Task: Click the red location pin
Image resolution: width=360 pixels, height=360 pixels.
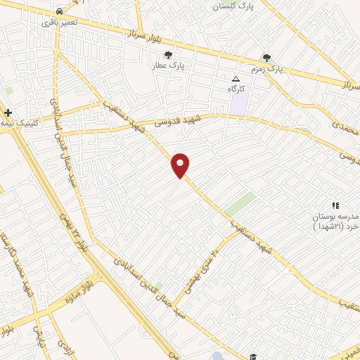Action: (181, 165)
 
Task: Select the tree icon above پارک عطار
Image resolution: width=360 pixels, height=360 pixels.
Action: (167, 55)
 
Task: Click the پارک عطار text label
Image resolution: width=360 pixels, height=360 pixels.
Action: (167, 66)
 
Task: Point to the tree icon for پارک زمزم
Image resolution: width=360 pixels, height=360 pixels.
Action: (266, 58)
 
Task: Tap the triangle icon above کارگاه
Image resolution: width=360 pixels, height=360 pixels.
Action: (236, 79)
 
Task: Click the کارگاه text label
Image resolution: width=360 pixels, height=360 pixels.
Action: (236, 90)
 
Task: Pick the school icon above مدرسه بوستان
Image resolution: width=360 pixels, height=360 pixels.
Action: (335, 205)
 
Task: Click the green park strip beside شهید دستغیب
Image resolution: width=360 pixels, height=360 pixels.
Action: (240, 205)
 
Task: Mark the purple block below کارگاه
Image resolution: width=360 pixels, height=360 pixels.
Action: (240, 105)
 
